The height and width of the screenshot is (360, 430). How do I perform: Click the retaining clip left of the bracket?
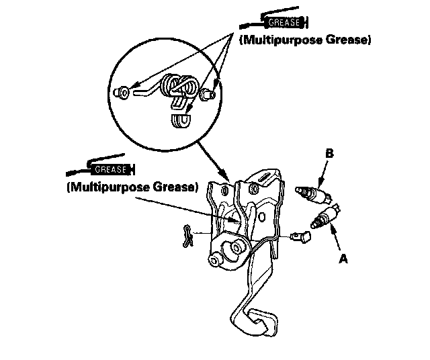(188, 235)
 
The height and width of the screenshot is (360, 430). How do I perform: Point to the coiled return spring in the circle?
(179, 87)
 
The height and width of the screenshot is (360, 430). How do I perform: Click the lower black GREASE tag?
(110, 169)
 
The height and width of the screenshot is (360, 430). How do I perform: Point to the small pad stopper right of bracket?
(300, 236)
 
